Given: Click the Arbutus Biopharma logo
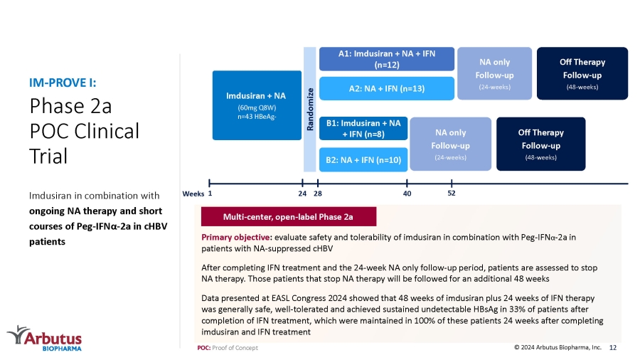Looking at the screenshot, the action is click(x=45, y=338).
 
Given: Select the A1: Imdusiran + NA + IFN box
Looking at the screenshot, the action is click(x=387, y=59).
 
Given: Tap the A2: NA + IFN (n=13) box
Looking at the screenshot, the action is click(x=387, y=88).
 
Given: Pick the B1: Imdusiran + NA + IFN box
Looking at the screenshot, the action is click(x=363, y=129).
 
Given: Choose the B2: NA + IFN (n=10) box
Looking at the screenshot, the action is click(x=363, y=159).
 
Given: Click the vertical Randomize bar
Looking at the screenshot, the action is click(x=310, y=110).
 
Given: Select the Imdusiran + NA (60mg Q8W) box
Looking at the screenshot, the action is click(x=257, y=105).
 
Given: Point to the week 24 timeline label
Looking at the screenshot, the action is click(x=302, y=194).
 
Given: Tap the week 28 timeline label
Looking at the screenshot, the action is click(x=318, y=194).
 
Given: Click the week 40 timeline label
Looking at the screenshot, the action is click(x=407, y=194).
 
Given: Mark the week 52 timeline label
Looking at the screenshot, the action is click(x=451, y=193).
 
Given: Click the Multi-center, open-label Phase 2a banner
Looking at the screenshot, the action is click(x=289, y=216).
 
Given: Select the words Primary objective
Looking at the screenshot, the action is click(x=236, y=237).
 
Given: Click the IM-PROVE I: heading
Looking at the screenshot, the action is click(x=63, y=83).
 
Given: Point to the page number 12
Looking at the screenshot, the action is click(x=613, y=347).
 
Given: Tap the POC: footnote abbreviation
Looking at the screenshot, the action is click(x=203, y=348).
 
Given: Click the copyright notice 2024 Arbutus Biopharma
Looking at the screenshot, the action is click(x=558, y=347).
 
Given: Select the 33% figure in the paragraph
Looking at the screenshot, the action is click(x=516, y=309).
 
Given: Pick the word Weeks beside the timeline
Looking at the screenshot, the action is click(x=193, y=194).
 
